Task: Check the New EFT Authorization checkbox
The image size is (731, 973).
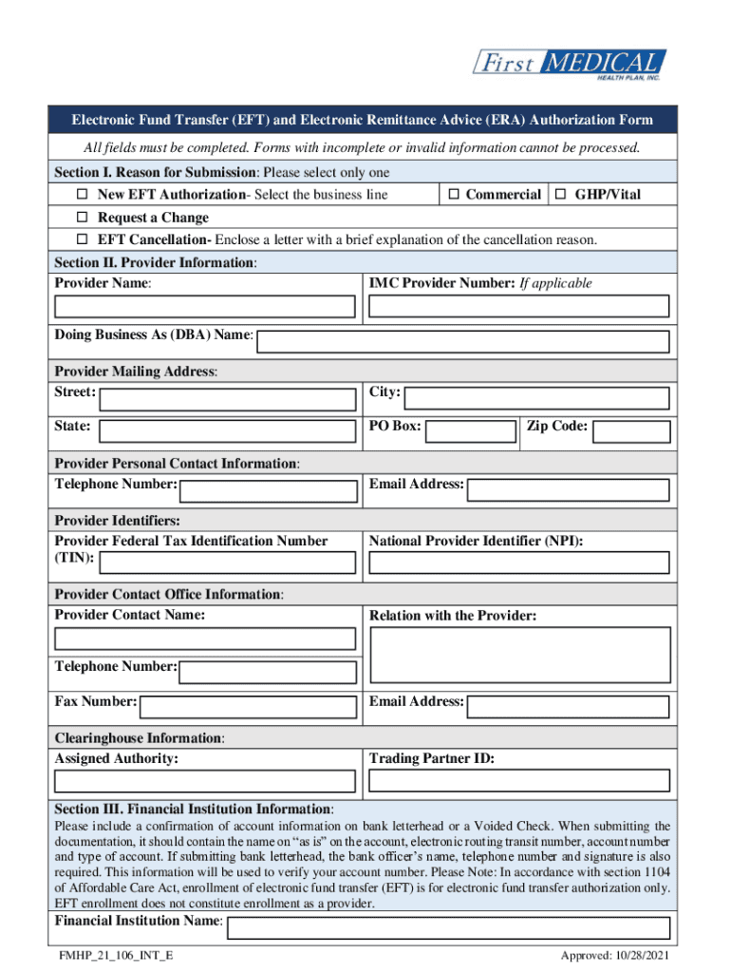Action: click(x=82, y=195)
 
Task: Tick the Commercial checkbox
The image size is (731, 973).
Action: click(x=454, y=195)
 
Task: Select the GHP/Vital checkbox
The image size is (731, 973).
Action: click(x=561, y=195)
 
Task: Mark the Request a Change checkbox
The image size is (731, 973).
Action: click(x=82, y=218)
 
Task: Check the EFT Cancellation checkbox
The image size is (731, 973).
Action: click(x=82, y=239)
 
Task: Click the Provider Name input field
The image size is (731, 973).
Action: click(x=205, y=306)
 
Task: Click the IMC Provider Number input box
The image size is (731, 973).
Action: click(x=518, y=306)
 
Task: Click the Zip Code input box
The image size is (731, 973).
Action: click(x=631, y=432)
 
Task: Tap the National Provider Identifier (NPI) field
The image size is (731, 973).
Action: click(x=518, y=563)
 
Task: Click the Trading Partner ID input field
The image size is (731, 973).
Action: click(x=518, y=781)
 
